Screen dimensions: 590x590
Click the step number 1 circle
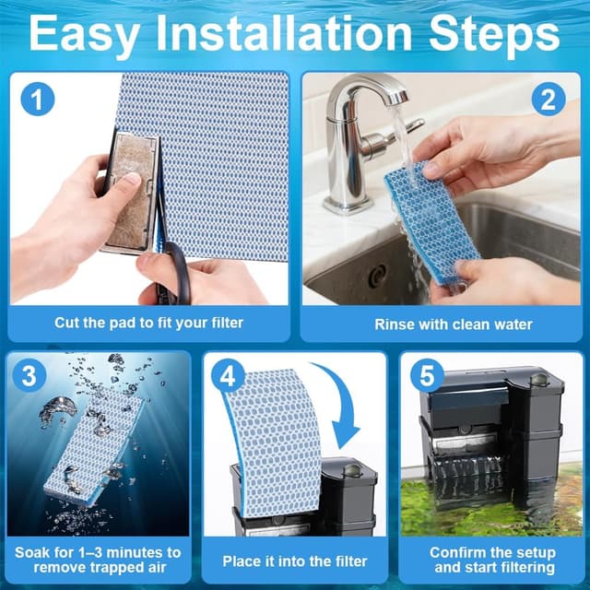[x=36, y=98]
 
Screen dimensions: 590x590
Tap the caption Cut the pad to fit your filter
[x=148, y=324]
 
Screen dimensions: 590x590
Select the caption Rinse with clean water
[x=441, y=324]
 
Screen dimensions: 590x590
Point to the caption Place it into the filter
[x=295, y=560]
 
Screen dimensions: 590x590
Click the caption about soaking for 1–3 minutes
[x=98, y=560]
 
